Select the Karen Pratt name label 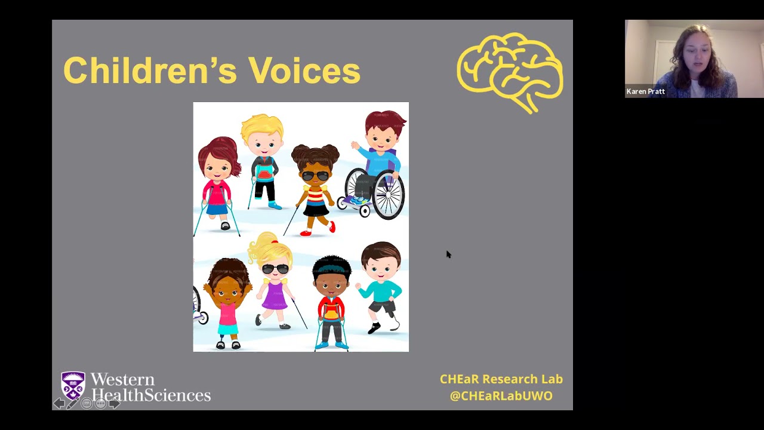pos(645,91)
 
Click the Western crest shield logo pos(73,385)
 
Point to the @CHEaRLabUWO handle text pos(501,395)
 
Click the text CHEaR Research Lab pos(501,379)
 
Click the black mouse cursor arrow pos(448,254)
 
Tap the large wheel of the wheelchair pos(389,194)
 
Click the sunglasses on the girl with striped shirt pos(315,176)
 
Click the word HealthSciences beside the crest pos(151,395)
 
